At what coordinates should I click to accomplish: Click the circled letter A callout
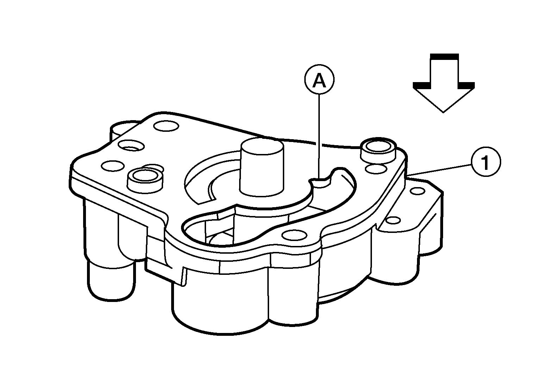319,80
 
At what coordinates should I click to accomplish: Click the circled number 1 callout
486,161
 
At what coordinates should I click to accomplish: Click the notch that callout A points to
320,182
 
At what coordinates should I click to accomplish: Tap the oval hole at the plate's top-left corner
166,126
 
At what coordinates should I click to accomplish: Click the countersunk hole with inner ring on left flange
132,146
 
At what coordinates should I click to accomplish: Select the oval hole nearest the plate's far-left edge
113,166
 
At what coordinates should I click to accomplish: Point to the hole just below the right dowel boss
376,169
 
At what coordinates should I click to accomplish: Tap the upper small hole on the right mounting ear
418,191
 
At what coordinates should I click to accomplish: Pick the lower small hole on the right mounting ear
393,220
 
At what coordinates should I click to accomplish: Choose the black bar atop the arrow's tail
444,56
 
